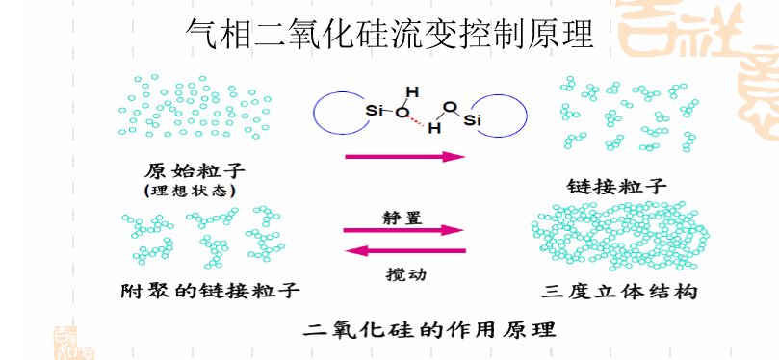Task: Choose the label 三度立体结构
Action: click(619, 290)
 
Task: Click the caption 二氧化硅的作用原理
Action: click(428, 328)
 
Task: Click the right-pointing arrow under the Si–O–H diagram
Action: click(404, 156)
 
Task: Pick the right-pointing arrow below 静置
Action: click(404, 231)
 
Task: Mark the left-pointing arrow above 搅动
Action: click(404, 251)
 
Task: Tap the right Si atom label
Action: click(472, 119)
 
